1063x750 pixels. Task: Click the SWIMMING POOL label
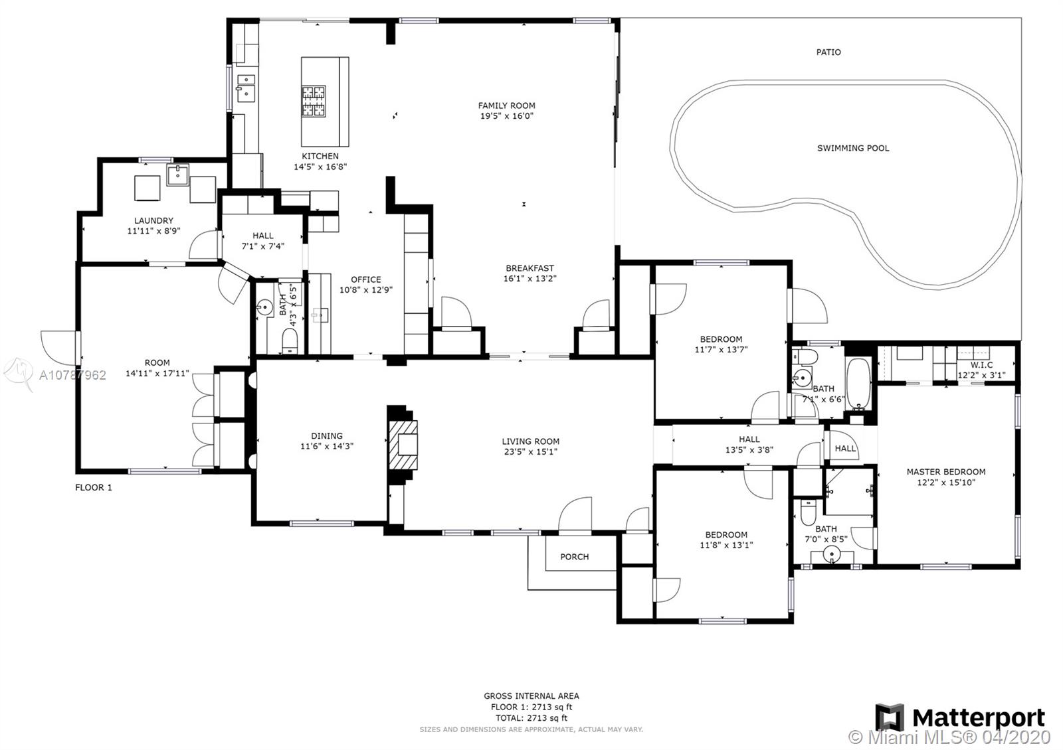pyautogui.click(x=853, y=148)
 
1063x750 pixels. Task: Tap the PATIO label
pyautogui.click(x=828, y=52)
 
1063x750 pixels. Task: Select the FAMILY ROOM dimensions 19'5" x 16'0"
pyautogui.click(x=507, y=115)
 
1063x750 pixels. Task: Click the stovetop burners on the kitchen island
pyautogui.click(x=314, y=101)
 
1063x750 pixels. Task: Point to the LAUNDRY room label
pyautogui.click(x=153, y=220)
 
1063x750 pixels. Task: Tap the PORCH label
pyautogui.click(x=574, y=557)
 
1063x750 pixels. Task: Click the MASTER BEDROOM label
pyautogui.click(x=946, y=472)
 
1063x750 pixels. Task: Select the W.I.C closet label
pyautogui.click(x=981, y=365)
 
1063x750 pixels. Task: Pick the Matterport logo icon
pyautogui.click(x=890, y=717)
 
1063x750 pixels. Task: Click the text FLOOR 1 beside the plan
pyautogui.click(x=94, y=487)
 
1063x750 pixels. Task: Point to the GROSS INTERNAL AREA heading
pyautogui.click(x=531, y=696)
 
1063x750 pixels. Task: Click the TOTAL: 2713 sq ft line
pyautogui.click(x=531, y=718)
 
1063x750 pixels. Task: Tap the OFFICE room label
pyautogui.click(x=366, y=279)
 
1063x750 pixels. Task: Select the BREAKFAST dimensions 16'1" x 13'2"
pyautogui.click(x=530, y=279)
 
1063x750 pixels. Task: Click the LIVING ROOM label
pyautogui.click(x=531, y=441)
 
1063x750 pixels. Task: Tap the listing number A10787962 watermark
pyautogui.click(x=72, y=376)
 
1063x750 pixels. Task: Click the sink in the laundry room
pyautogui.click(x=177, y=175)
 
